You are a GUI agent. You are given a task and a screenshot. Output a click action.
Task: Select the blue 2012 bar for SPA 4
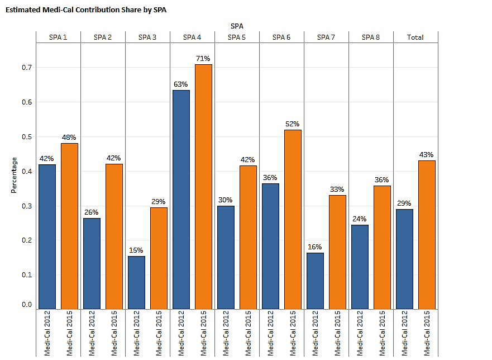click(x=181, y=200)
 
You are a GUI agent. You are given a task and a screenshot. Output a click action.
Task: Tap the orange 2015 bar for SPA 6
click(x=293, y=219)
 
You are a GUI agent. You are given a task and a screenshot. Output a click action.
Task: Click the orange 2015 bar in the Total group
click(x=427, y=235)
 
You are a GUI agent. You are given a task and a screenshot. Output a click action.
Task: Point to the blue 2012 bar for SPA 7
click(x=315, y=281)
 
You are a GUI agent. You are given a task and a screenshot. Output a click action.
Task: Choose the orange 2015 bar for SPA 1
click(x=69, y=226)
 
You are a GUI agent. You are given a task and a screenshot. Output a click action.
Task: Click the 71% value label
click(x=203, y=59)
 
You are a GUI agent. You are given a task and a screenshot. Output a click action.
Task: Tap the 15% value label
click(x=136, y=250)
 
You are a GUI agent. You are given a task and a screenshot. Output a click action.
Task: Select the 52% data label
click(x=293, y=124)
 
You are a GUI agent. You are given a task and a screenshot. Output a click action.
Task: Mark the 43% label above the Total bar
click(x=427, y=154)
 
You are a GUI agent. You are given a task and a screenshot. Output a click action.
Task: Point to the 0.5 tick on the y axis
click(x=27, y=137)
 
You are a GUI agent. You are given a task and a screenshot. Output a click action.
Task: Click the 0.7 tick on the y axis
click(x=27, y=68)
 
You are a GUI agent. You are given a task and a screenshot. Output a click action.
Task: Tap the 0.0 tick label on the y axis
click(x=27, y=305)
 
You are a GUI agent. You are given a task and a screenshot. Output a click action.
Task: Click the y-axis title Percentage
click(x=14, y=175)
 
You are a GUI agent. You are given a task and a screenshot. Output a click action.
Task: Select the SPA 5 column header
click(x=237, y=37)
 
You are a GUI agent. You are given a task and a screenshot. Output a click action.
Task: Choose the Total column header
click(x=415, y=37)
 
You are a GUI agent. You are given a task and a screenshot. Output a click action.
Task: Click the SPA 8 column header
click(x=371, y=37)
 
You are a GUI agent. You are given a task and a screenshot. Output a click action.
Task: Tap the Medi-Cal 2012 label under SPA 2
click(x=92, y=334)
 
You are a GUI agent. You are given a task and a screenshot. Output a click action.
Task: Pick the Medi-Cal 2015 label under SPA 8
click(x=382, y=334)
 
